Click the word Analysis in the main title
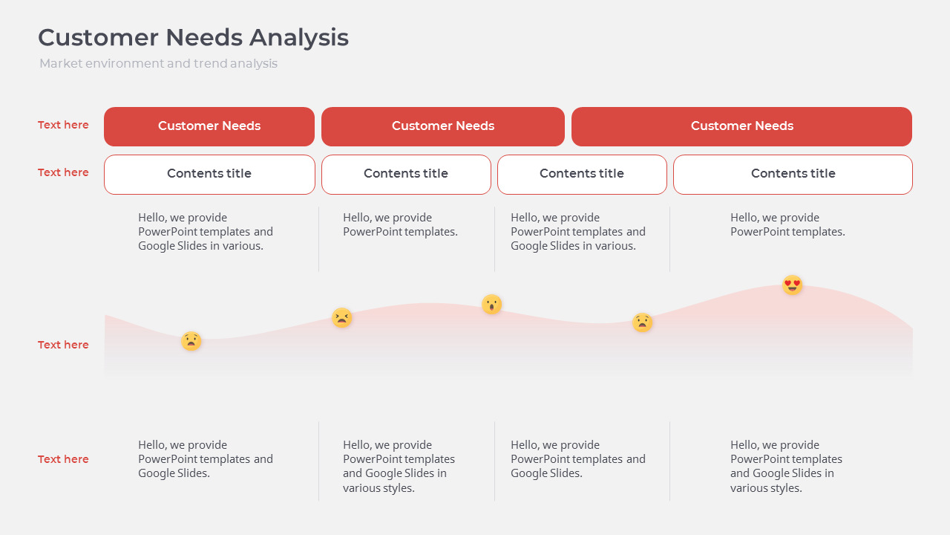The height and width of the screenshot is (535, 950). [x=299, y=37]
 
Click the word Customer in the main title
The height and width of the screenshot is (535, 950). [x=99, y=37]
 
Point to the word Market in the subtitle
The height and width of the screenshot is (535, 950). [x=61, y=64]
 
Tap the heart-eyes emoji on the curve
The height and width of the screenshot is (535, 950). [x=793, y=285]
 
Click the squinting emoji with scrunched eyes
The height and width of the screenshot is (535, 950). [x=341, y=318]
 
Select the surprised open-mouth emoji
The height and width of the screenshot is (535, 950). [x=491, y=304]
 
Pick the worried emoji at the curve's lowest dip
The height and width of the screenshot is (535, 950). [x=191, y=341]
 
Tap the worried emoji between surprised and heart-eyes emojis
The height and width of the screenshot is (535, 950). [x=643, y=322]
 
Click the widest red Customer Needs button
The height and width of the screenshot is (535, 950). [x=741, y=126]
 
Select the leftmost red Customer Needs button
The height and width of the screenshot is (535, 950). [x=209, y=126]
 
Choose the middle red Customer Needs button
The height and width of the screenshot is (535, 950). [x=442, y=126]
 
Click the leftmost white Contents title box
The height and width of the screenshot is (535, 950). [x=209, y=174]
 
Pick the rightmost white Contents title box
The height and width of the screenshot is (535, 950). [x=793, y=174]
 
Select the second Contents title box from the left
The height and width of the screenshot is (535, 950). [x=406, y=174]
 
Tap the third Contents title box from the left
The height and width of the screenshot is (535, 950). [x=582, y=174]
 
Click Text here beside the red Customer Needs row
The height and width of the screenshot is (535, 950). [x=63, y=125]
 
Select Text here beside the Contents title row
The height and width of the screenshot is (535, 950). [x=63, y=172]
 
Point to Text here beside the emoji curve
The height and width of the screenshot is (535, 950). [x=63, y=345]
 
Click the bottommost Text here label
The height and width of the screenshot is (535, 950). [x=63, y=459]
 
